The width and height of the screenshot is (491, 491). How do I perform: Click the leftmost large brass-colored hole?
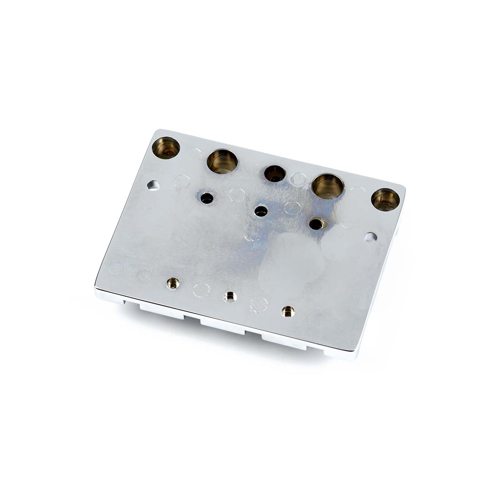[165, 148]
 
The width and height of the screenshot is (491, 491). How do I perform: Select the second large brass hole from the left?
[222, 161]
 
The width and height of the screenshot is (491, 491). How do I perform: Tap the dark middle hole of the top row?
[275, 173]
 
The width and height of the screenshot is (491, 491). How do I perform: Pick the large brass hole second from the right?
[328, 186]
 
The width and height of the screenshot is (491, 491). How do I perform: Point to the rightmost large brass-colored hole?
[386, 200]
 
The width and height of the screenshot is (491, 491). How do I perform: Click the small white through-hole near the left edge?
[153, 185]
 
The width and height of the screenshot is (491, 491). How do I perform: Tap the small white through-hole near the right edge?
[371, 237]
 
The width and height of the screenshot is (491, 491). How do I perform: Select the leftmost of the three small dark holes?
[207, 198]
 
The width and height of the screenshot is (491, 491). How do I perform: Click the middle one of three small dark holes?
[261, 211]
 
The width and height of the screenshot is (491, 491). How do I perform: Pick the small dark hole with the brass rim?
[316, 224]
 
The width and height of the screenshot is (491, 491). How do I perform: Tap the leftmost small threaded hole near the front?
[173, 284]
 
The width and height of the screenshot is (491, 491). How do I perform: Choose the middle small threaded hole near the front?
[230, 297]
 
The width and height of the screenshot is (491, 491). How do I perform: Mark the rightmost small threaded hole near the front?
[288, 311]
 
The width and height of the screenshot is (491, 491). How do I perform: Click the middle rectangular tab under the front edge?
[223, 326]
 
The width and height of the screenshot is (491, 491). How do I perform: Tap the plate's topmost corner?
[157, 131]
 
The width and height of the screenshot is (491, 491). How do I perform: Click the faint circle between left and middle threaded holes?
[201, 290]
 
